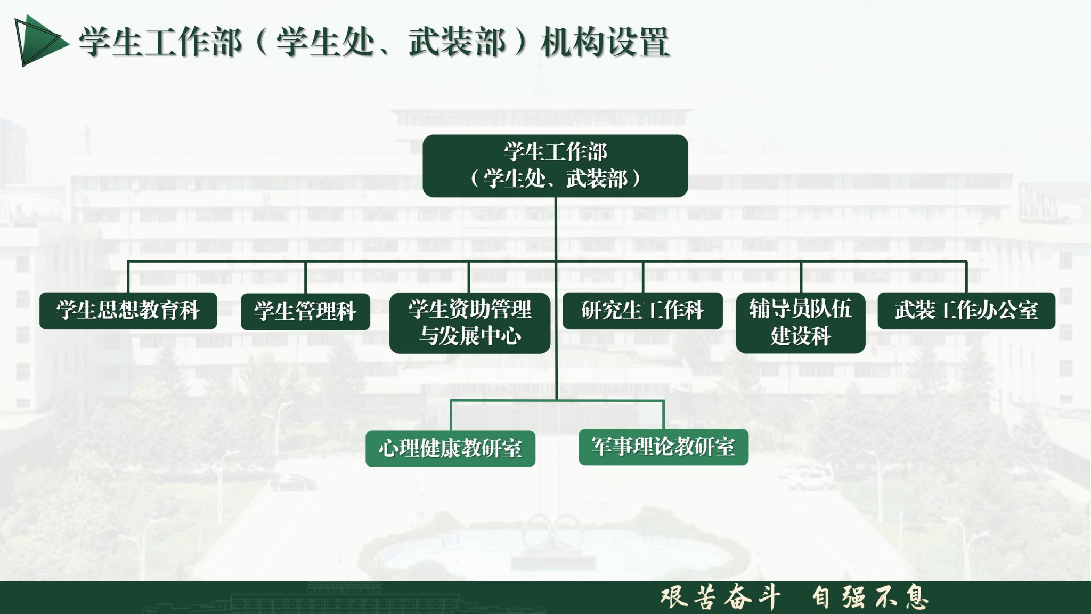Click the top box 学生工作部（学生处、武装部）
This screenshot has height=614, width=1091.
click(555, 166)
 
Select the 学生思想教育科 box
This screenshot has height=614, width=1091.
click(128, 311)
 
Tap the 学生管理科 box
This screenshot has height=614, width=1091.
click(305, 312)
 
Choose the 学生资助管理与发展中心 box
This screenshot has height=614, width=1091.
click(469, 323)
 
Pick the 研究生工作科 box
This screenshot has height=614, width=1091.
click(642, 311)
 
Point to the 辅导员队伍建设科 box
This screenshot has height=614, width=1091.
click(800, 323)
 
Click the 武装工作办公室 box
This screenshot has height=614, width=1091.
click(966, 311)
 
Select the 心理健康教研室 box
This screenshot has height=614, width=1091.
click(450, 449)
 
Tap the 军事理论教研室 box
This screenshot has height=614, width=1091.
click(663, 447)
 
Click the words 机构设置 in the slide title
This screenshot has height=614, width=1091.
click(605, 42)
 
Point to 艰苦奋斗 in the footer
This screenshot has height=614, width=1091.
click(720, 597)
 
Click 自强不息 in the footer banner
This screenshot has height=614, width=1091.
click(870, 597)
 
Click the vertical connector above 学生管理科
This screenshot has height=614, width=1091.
click(305, 278)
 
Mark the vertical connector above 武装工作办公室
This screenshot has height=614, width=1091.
click(966, 277)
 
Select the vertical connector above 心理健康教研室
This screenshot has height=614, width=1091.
click(451, 415)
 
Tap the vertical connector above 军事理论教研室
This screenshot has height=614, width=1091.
click(663, 415)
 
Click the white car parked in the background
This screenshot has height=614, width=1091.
click(805, 476)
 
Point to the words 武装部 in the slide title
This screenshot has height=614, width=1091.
click(457, 42)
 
